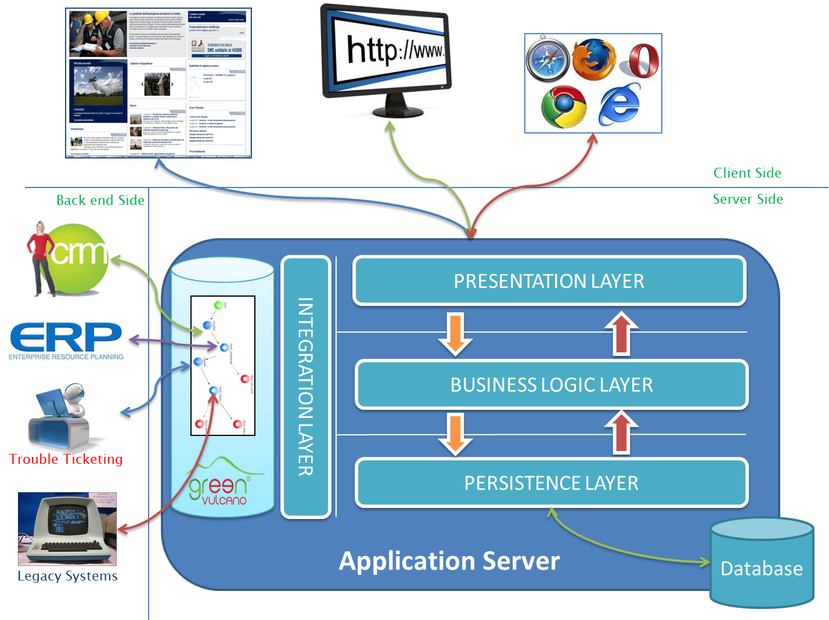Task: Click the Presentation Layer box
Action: [x=549, y=281]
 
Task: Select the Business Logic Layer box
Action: [x=552, y=385]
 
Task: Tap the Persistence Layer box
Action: [x=552, y=483]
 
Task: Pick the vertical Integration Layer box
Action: [x=306, y=387]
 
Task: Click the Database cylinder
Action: [x=762, y=566]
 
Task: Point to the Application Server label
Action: [x=449, y=561]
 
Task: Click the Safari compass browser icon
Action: [x=548, y=59]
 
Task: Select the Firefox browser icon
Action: [x=593, y=59]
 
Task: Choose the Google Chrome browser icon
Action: [x=563, y=106]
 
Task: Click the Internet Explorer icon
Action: [x=619, y=104]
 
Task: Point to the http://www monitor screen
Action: [x=395, y=51]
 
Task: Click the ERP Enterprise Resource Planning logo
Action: [x=66, y=340]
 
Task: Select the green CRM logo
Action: [x=66, y=259]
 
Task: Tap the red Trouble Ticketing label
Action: [x=66, y=459]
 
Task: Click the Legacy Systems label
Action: [x=67, y=576]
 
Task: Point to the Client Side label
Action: [x=747, y=173]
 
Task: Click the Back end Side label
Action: [x=100, y=200]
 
